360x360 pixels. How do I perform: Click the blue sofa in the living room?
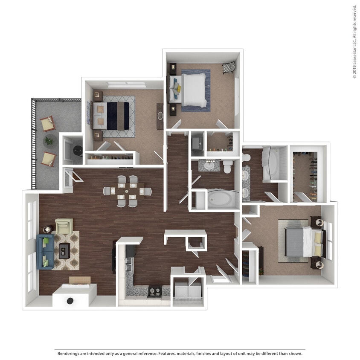(x=45, y=252)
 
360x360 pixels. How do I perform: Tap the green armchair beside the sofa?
(x=64, y=226)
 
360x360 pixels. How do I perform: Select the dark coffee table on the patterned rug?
(x=64, y=250)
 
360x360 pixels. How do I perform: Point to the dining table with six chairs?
(x=127, y=191)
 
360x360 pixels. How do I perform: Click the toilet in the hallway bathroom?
(x=227, y=166)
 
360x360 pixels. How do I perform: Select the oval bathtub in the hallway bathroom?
(x=223, y=199)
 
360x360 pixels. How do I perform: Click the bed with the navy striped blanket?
(x=112, y=116)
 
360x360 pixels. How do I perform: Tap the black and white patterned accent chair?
(x=229, y=67)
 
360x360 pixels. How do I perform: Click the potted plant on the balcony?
(x=49, y=140)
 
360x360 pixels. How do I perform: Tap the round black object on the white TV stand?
(x=70, y=300)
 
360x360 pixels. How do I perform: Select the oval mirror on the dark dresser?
(x=160, y=116)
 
